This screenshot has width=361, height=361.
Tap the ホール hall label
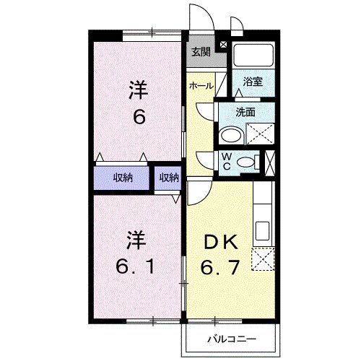[x=200, y=86]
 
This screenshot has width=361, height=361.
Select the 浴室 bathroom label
[x=253, y=82]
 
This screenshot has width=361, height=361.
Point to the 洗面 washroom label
[x=247, y=112]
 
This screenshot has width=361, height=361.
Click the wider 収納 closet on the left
[x=123, y=178]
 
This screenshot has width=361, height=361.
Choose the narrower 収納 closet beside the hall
[x=169, y=178]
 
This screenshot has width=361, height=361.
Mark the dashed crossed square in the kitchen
[x=262, y=258]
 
